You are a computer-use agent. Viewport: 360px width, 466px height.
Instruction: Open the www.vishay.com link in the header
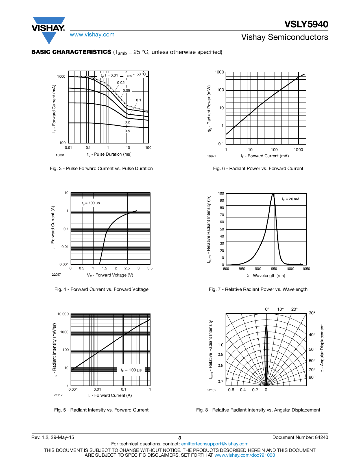(x=92, y=35)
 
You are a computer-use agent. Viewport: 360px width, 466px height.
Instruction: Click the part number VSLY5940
(x=306, y=24)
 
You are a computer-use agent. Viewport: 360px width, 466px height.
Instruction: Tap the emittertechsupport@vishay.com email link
(x=215, y=444)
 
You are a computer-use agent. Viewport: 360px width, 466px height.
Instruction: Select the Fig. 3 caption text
(x=101, y=169)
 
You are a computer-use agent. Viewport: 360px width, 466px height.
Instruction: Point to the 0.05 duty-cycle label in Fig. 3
(x=126, y=91)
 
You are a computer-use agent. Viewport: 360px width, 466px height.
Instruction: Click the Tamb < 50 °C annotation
(x=136, y=75)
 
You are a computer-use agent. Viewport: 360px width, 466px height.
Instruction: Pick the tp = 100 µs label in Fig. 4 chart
(x=91, y=203)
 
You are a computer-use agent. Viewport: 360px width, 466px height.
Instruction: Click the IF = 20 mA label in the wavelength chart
(x=291, y=199)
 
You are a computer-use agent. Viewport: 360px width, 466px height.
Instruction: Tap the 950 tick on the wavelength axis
(x=274, y=269)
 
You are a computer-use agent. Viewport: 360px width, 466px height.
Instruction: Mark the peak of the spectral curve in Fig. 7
(x=273, y=194)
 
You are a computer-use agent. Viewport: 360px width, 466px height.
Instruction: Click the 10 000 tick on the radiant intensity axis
(x=63, y=314)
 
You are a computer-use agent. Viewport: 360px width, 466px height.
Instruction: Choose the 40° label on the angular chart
(x=312, y=335)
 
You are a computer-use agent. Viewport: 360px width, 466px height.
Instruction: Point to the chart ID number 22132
(x=212, y=390)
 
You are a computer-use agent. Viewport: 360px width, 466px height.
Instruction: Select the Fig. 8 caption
(x=258, y=410)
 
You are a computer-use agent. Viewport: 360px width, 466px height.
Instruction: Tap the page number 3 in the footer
(x=180, y=438)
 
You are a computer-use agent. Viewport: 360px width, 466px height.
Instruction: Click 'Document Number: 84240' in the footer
(x=300, y=437)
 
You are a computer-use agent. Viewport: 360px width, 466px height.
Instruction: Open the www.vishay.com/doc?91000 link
(x=245, y=455)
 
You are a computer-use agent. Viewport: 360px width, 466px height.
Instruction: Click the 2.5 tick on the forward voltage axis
(x=127, y=268)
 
